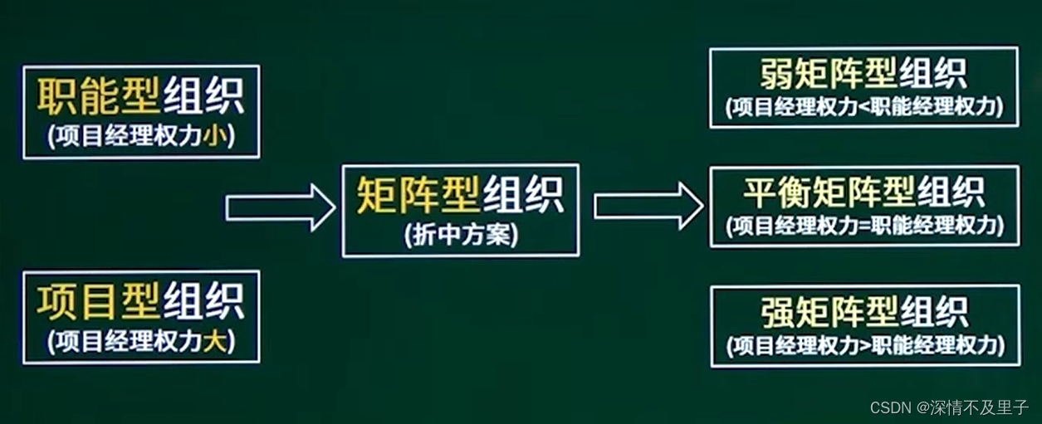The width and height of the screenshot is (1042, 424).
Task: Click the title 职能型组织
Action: tap(140, 98)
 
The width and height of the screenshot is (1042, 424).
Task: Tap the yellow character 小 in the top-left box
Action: tap(213, 136)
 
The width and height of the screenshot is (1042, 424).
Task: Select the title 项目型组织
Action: tap(140, 300)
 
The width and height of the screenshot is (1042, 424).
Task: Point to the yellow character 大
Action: tap(213, 340)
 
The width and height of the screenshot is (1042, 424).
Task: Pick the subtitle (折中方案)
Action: tap(461, 236)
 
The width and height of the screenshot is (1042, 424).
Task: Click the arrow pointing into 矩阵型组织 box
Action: tap(280, 207)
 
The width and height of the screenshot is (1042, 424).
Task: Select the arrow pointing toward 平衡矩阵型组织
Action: tap(648, 206)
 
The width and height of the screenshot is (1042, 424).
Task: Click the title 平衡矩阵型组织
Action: tap(863, 193)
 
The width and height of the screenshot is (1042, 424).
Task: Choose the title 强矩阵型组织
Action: tap(863, 312)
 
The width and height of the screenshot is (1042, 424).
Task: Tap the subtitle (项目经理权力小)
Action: tap(140, 136)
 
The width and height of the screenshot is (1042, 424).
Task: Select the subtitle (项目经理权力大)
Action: tap(140, 340)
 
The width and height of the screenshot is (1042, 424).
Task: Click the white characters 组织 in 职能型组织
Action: tap(203, 98)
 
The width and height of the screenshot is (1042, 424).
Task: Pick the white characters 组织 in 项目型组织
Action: tap(203, 300)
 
